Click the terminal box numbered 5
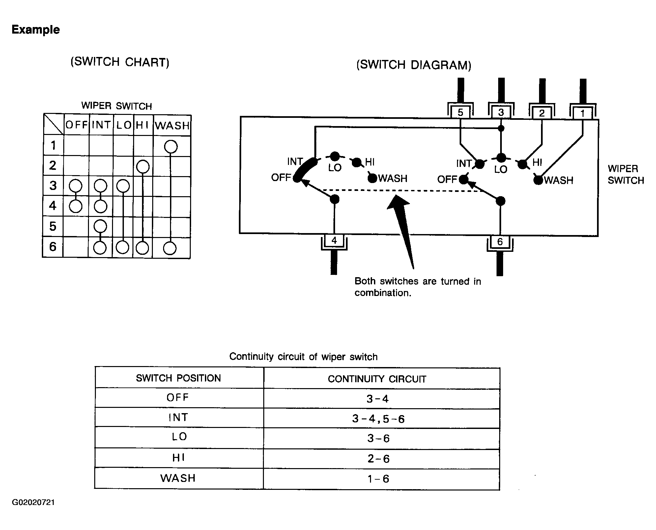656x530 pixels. coord(460,113)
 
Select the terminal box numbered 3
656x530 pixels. coord(501,113)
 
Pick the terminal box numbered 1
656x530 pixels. coord(583,114)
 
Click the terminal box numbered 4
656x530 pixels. coord(334,241)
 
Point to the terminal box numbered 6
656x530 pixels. coord(500,242)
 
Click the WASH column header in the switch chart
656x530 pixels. coord(172,125)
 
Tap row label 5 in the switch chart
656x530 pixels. coord(53,226)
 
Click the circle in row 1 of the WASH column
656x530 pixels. coord(171,146)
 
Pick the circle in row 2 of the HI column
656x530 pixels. coord(143,167)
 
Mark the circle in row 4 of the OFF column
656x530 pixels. coord(76,206)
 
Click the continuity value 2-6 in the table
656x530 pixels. coord(379,459)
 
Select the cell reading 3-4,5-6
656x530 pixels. coord(378,419)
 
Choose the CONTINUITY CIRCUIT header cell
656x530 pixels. coord(377,379)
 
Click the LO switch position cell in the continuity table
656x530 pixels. coord(179,437)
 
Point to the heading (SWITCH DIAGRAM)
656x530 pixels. coord(414,65)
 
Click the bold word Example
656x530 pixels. coord(36,30)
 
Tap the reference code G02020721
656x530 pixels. coord(33,502)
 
